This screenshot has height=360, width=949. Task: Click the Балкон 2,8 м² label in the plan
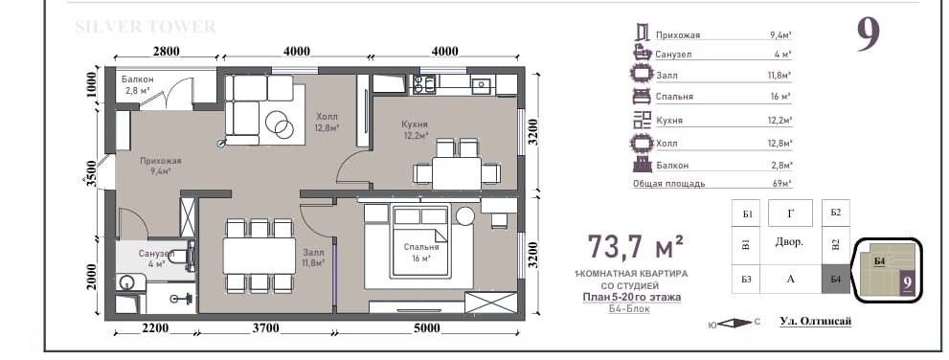[137, 85]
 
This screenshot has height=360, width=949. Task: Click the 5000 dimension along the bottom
[427, 328]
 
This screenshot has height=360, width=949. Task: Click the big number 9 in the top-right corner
[868, 35]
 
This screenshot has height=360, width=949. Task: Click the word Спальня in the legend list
[674, 97]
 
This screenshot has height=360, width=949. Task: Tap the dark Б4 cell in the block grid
[835, 279]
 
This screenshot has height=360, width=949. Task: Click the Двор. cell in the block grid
[789, 242]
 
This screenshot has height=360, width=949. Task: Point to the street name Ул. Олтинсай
[815, 321]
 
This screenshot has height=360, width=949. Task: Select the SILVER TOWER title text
[145, 27]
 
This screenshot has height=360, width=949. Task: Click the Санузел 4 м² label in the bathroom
[156, 258]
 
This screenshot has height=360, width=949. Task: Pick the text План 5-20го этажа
[632, 297]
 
